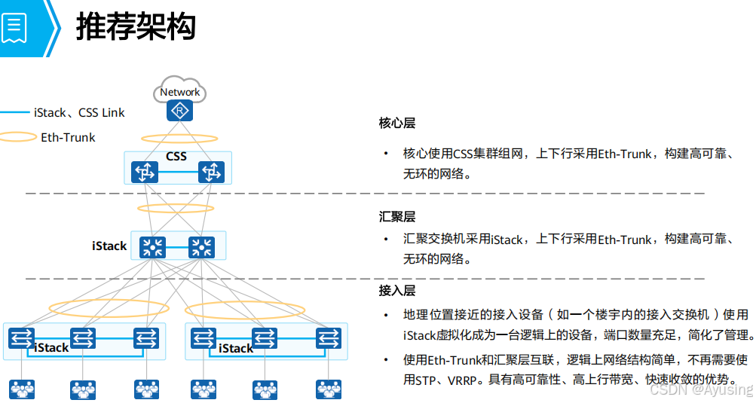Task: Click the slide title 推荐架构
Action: pos(136,27)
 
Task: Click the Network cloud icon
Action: pos(180,90)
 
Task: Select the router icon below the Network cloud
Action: pos(179,112)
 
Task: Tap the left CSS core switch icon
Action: pos(144,172)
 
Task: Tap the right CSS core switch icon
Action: pos(212,172)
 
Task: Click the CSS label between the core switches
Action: pos(176,157)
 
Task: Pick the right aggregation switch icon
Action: pos(201,246)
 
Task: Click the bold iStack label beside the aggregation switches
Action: pos(109,246)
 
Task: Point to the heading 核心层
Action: pos(397,123)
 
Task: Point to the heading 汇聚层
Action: pos(397,217)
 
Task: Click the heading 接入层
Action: pos(397,290)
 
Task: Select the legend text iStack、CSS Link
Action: pos(79,113)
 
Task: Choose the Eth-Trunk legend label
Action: pos(68,137)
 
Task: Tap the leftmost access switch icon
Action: pos(21,338)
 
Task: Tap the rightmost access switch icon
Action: pos(328,338)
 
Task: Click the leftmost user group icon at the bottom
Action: pos(21,389)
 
